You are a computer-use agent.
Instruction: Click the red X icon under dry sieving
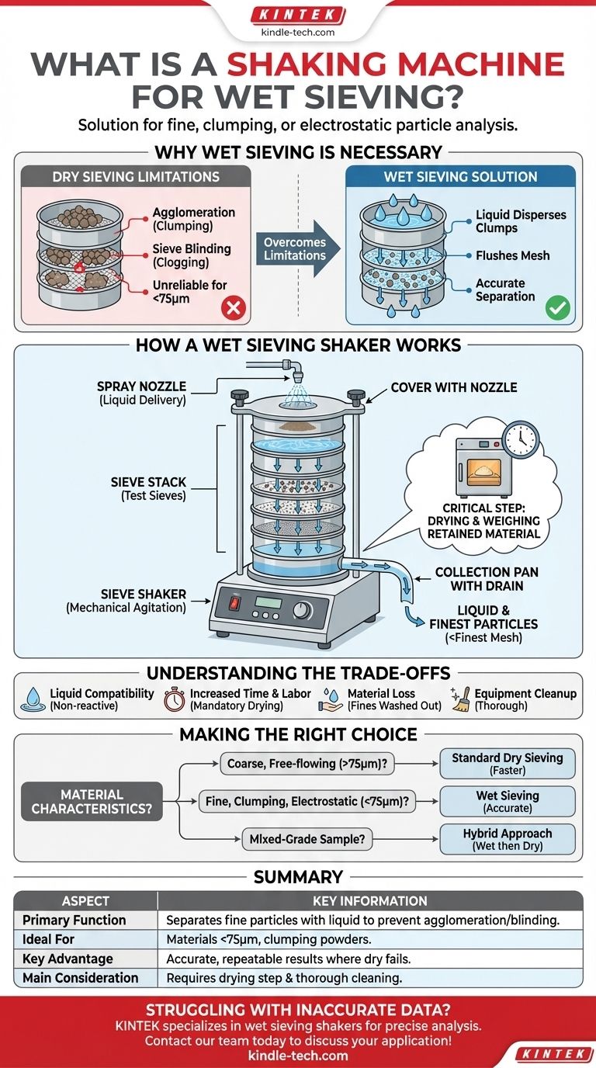click(x=233, y=309)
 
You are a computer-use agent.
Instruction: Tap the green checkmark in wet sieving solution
click(x=556, y=308)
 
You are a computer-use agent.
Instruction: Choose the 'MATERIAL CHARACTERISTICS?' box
click(x=92, y=802)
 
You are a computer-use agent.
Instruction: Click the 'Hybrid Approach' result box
click(x=508, y=839)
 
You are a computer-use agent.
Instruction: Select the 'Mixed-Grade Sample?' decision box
click(x=307, y=838)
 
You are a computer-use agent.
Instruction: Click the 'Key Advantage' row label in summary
click(x=68, y=959)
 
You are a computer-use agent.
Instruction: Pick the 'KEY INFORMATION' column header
click(x=370, y=900)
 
